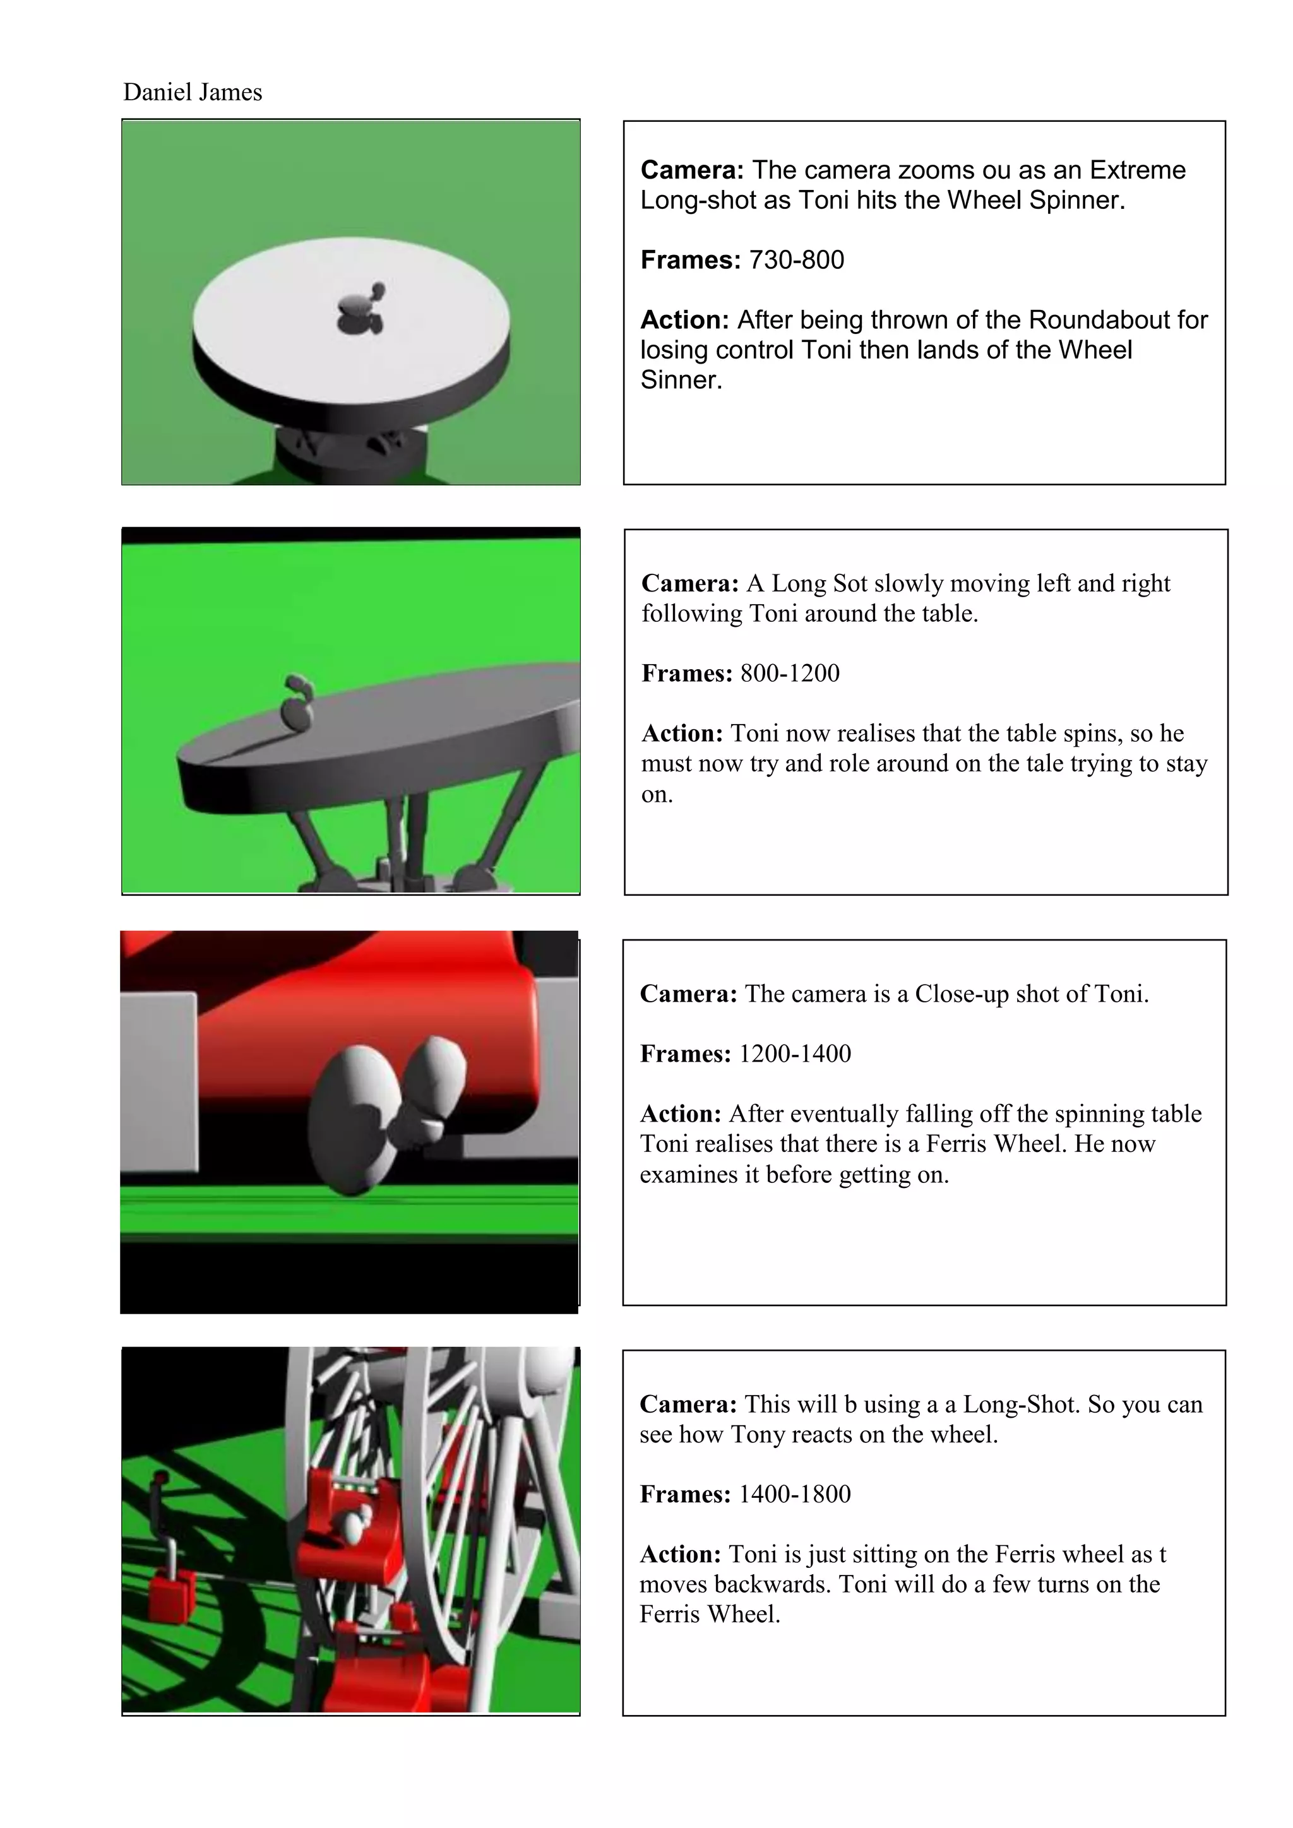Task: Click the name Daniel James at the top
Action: click(x=192, y=92)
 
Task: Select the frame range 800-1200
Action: click(x=790, y=674)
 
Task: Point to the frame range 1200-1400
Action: click(x=795, y=1054)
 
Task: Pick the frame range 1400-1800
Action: click(x=795, y=1495)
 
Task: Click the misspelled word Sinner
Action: click(x=681, y=380)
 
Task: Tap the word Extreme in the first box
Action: click(x=1138, y=170)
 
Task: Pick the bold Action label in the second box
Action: click(x=682, y=733)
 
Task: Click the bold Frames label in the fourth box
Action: click(x=685, y=1495)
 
